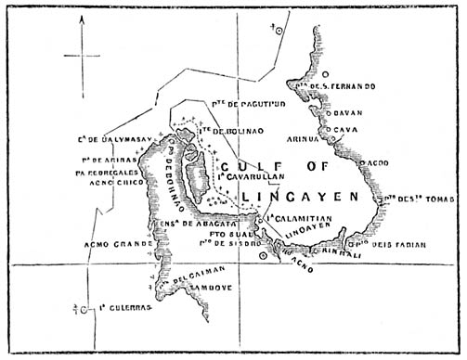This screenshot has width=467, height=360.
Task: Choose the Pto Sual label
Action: pos(218,236)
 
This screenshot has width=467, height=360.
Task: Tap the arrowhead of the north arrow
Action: pos(82,26)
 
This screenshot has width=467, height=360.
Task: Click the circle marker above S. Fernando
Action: pos(326,73)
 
